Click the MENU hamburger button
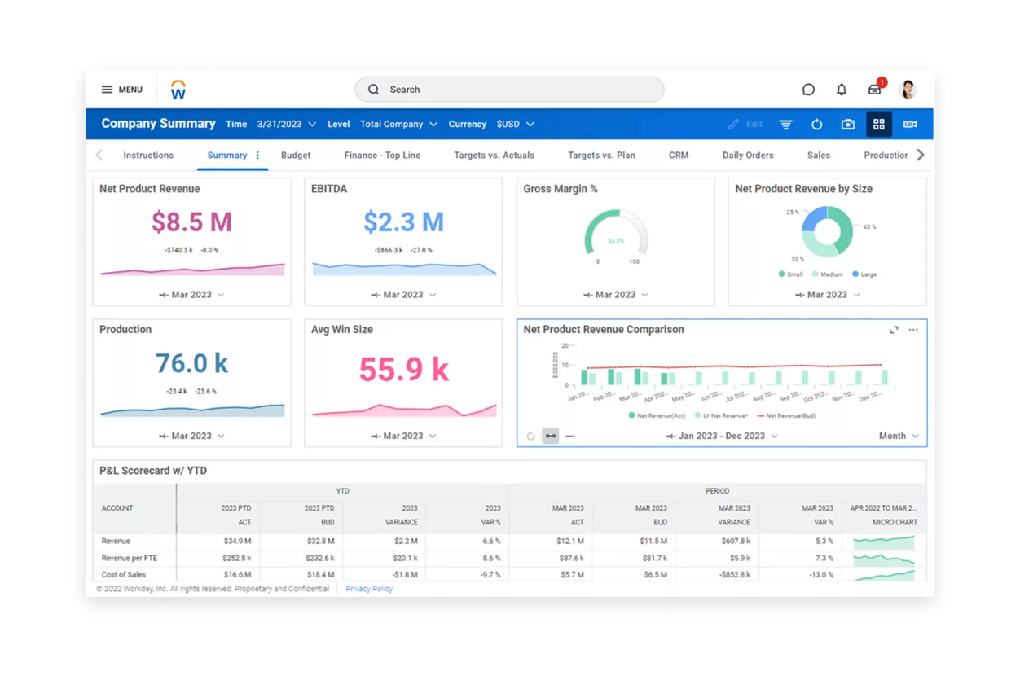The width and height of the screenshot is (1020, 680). [x=121, y=90]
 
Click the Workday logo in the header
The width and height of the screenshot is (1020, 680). [x=178, y=90]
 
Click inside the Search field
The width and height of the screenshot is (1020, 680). [x=509, y=90]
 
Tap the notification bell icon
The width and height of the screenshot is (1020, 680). [x=842, y=90]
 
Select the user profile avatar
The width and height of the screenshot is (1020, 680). [x=908, y=90]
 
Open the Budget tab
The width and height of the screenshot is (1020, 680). [x=296, y=155]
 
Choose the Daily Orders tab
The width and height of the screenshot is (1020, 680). [x=748, y=155]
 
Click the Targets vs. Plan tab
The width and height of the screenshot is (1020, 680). [x=601, y=155]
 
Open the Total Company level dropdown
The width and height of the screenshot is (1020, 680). [x=398, y=125]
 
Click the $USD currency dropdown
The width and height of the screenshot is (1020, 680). [x=515, y=125]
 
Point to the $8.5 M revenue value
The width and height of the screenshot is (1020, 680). [x=191, y=222]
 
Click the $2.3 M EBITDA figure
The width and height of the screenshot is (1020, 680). [x=403, y=222]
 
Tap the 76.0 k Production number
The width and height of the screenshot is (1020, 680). [x=191, y=363]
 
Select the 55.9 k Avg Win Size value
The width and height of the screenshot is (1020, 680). [x=403, y=370]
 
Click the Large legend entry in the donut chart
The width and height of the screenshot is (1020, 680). [x=864, y=274]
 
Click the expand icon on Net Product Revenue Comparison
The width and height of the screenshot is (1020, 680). [x=894, y=330]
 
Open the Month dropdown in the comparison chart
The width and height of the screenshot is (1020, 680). [x=899, y=436]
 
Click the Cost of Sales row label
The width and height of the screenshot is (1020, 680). [x=124, y=574]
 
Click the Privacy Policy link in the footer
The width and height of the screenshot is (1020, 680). [x=369, y=589]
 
